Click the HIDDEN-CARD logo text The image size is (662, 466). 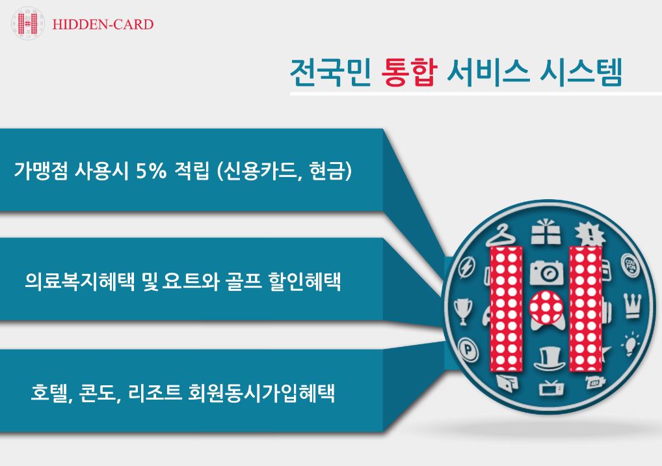(x=103, y=24)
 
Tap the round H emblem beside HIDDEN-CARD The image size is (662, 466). (x=27, y=23)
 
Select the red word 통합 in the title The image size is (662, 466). (x=408, y=73)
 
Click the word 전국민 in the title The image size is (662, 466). (x=330, y=73)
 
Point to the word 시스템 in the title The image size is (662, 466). (x=581, y=73)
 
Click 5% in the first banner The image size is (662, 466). (x=151, y=171)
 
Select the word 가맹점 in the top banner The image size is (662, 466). (x=40, y=171)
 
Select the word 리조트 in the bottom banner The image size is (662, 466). (x=155, y=393)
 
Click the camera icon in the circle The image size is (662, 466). (x=546, y=273)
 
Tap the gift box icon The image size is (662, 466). (x=546, y=232)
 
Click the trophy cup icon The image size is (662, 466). (x=463, y=311)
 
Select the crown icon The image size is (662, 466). (x=633, y=307)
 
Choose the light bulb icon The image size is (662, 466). (x=630, y=344)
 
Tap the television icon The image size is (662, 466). (x=551, y=387)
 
